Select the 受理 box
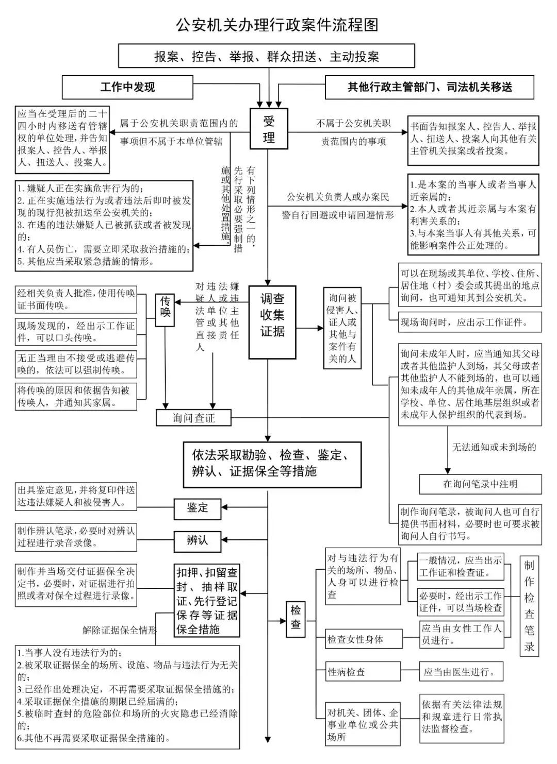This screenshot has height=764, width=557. (x=269, y=130)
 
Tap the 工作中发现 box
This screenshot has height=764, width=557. (x=127, y=87)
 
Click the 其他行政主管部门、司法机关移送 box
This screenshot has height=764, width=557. (x=429, y=87)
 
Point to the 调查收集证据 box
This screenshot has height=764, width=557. (x=272, y=322)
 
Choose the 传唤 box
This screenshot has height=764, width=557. (x=165, y=310)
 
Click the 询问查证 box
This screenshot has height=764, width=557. (x=193, y=418)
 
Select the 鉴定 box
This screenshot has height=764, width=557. (x=197, y=508)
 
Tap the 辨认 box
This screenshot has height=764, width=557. (x=197, y=540)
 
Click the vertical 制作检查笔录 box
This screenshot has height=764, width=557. (x=529, y=606)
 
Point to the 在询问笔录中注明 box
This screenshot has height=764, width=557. (x=480, y=484)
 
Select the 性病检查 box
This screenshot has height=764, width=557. (x=363, y=672)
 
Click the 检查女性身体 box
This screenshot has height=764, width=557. (x=363, y=639)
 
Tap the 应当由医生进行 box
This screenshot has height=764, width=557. (x=461, y=672)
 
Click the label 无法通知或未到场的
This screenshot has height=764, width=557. (x=494, y=447)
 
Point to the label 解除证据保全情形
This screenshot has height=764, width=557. (x=120, y=630)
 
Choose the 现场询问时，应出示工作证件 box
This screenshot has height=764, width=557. (x=470, y=322)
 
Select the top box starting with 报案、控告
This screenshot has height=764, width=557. (x=267, y=56)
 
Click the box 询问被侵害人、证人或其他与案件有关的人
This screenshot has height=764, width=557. (x=342, y=328)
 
